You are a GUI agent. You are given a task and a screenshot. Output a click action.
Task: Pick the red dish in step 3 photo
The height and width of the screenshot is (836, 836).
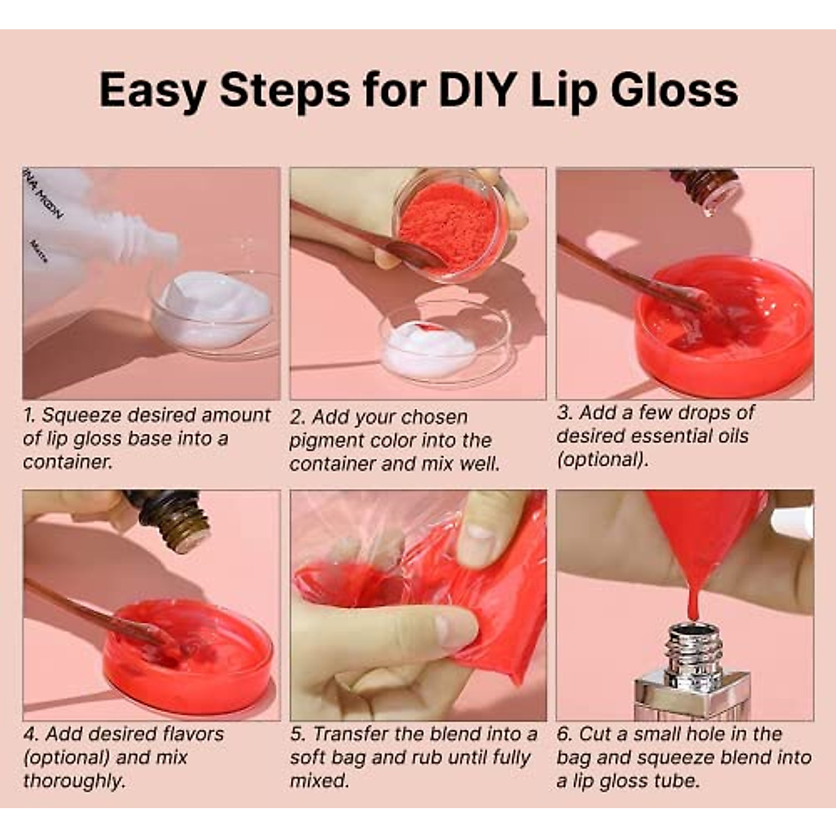(725, 327)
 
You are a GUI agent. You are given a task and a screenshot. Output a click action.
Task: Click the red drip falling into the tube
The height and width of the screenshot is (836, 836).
(692, 599)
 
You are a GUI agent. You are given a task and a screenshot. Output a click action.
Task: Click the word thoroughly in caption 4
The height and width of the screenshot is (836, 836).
(74, 781)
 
